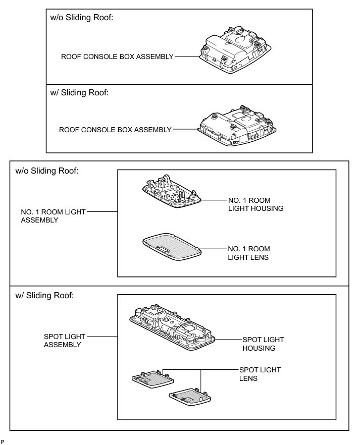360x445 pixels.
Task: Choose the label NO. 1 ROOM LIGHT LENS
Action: [248, 253]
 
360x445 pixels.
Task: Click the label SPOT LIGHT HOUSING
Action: [259, 344]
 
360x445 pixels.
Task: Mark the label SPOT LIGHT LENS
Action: [260, 374]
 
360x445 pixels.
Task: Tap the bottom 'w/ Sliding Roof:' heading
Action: [44, 295]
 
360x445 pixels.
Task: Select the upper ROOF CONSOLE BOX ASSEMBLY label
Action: [117, 57]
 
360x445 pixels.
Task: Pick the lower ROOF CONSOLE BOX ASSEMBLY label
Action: [115, 130]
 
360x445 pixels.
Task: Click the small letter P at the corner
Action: [3, 441]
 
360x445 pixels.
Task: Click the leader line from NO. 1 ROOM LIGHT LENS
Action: [214, 249]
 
